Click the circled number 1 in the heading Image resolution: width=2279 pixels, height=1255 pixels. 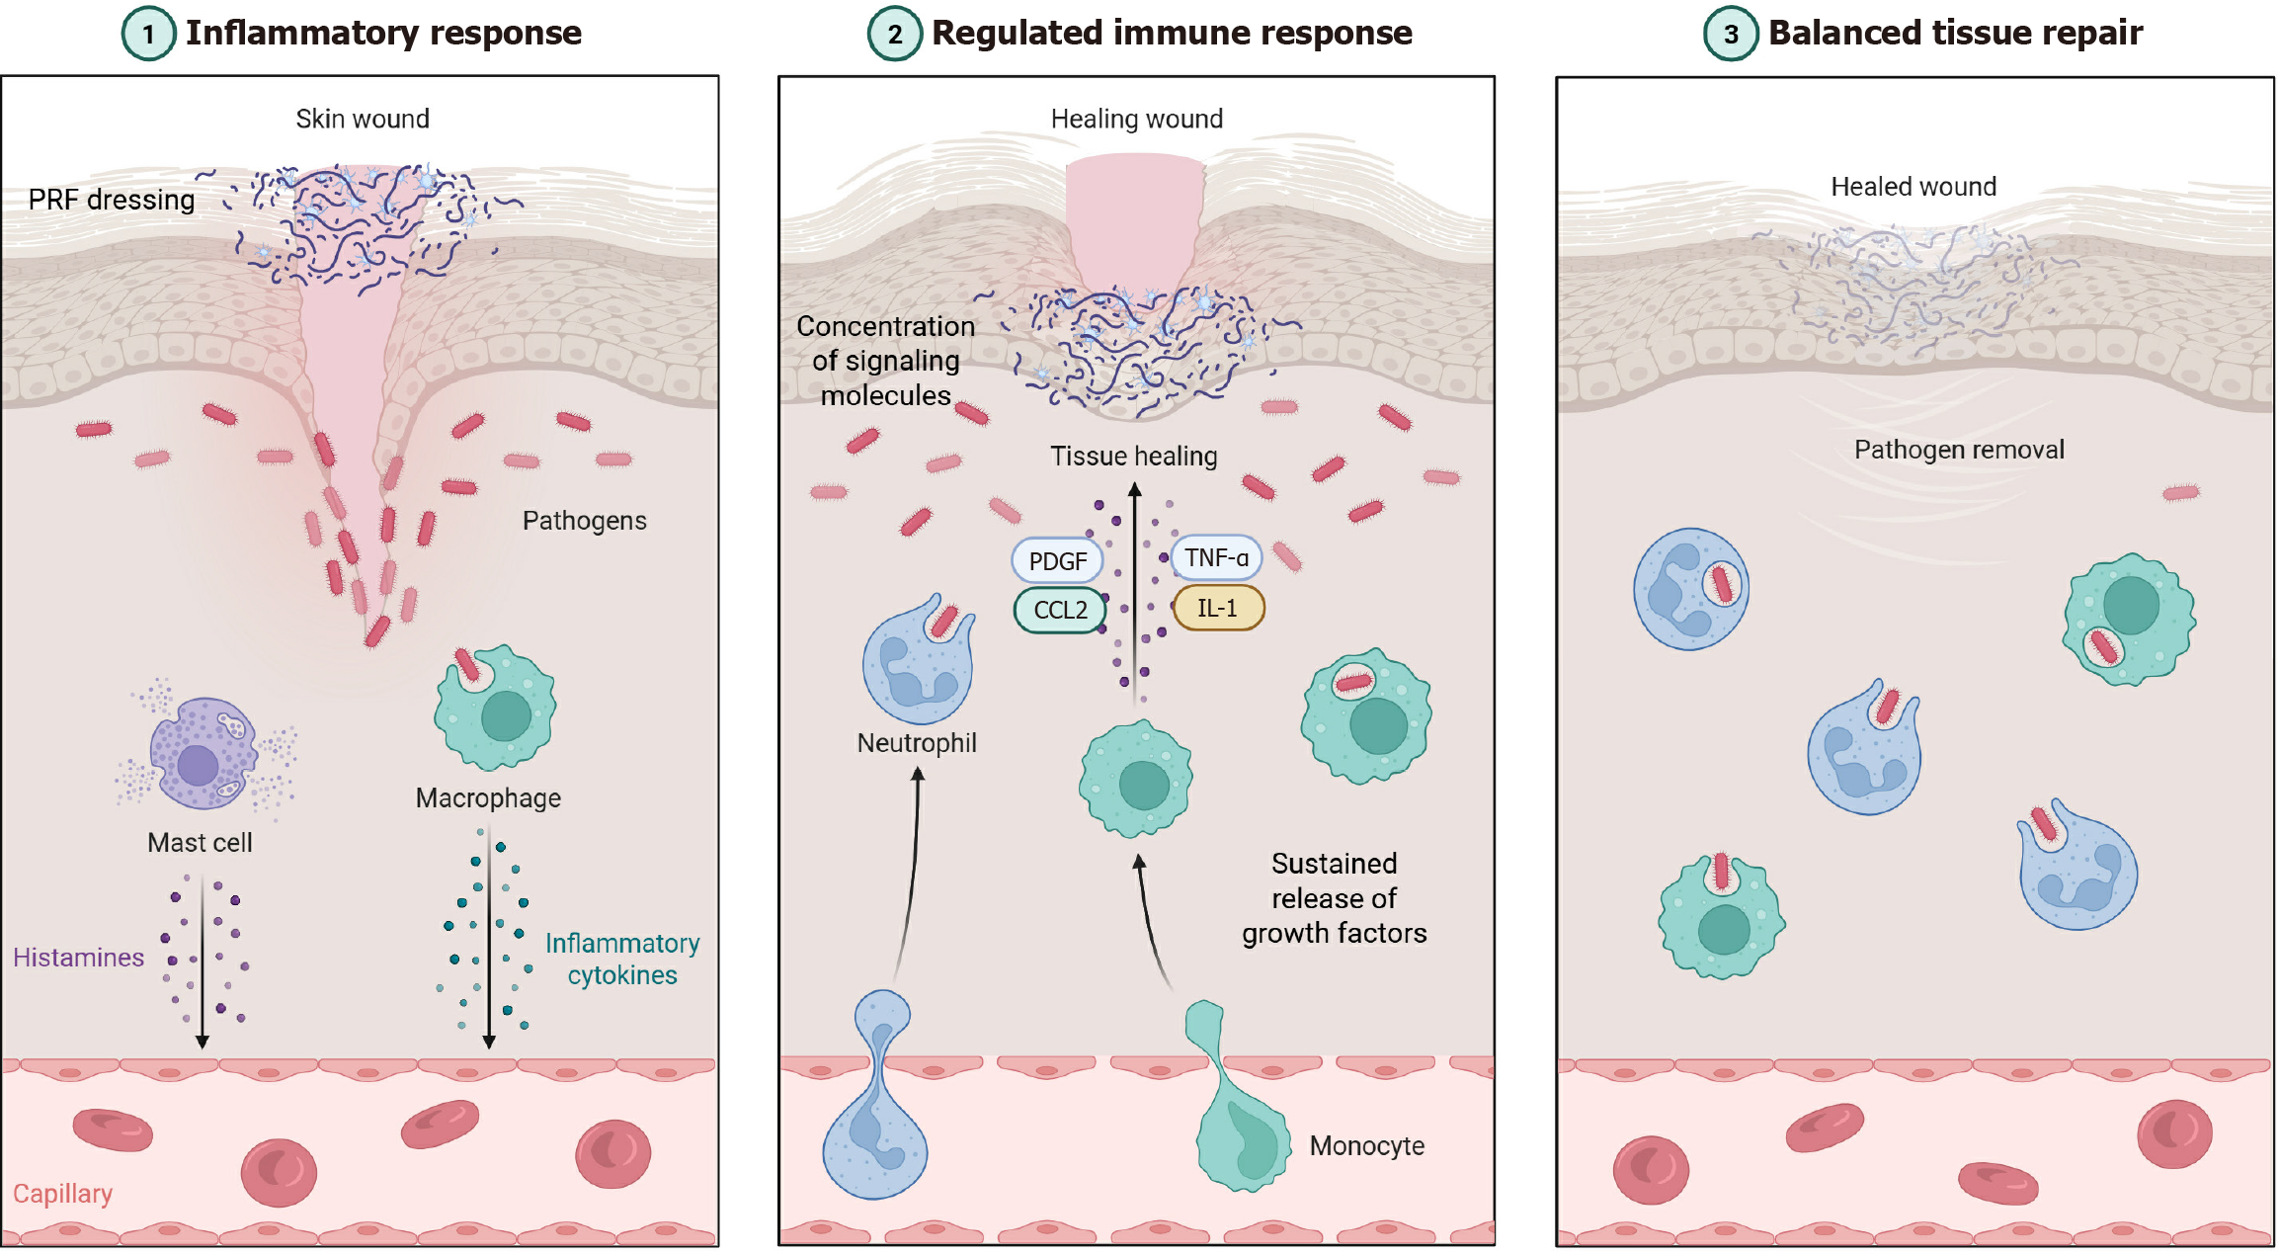tap(148, 34)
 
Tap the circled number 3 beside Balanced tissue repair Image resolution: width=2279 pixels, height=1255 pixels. tap(1731, 34)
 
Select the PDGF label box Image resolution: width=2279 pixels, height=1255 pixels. tap(1057, 561)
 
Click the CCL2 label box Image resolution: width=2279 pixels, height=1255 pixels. tap(1060, 610)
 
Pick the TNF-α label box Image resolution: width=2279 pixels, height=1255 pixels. tap(1216, 558)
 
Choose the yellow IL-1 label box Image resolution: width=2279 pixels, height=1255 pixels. tap(1217, 608)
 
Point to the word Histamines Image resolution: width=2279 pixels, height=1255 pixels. tap(78, 958)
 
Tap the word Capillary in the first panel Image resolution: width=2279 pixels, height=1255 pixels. tap(62, 1194)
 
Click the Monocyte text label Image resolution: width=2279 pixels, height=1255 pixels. tap(1366, 1146)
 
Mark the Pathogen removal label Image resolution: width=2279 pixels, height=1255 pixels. tap(1959, 451)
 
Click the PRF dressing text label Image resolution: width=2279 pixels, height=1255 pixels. tap(111, 200)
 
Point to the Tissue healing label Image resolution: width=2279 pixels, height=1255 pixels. tap(1133, 457)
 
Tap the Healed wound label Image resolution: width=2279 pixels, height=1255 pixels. tap(1913, 187)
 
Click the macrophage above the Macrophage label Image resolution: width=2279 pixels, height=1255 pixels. tap(497, 709)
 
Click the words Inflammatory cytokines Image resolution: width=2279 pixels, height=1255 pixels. tap(622, 960)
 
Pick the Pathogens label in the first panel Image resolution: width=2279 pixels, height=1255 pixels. tap(584, 521)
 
